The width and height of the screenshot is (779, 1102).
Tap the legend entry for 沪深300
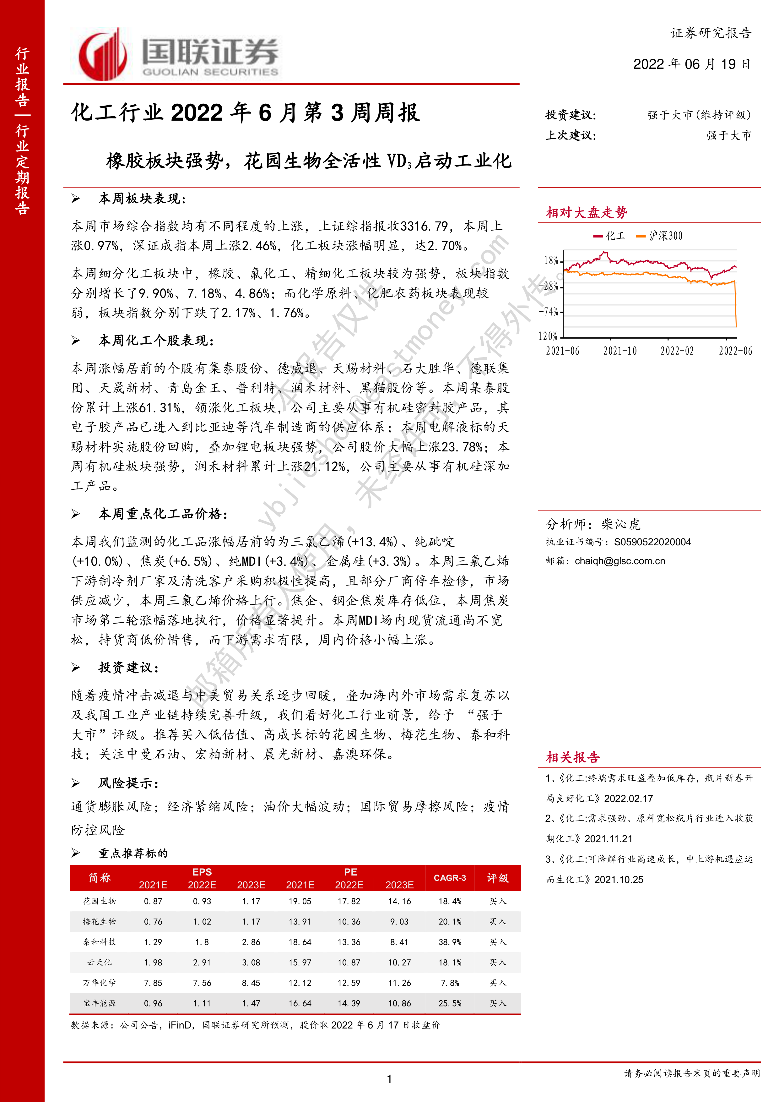pyautogui.click(x=660, y=236)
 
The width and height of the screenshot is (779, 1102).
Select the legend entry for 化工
pyautogui.click(x=610, y=236)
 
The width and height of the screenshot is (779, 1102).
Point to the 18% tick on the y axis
pyautogui.click(x=551, y=261)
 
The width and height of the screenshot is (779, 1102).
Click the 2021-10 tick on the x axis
pyautogui.click(x=620, y=351)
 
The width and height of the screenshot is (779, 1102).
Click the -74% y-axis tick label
pyautogui.click(x=549, y=312)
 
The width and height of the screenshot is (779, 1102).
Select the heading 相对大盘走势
pyautogui.click(x=586, y=213)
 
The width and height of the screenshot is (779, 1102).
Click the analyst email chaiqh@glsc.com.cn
pyautogui.click(x=620, y=561)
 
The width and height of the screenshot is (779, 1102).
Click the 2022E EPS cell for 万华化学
pyautogui.click(x=202, y=983)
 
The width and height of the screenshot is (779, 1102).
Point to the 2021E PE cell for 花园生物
pyautogui.click(x=300, y=901)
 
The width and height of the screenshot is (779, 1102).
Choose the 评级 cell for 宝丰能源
pyautogui.click(x=497, y=1003)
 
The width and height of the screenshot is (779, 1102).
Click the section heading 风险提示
pyautogui.click(x=128, y=783)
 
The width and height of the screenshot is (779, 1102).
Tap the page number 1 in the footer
pyautogui.click(x=389, y=1079)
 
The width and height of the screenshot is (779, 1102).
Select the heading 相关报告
pyautogui.click(x=573, y=757)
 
